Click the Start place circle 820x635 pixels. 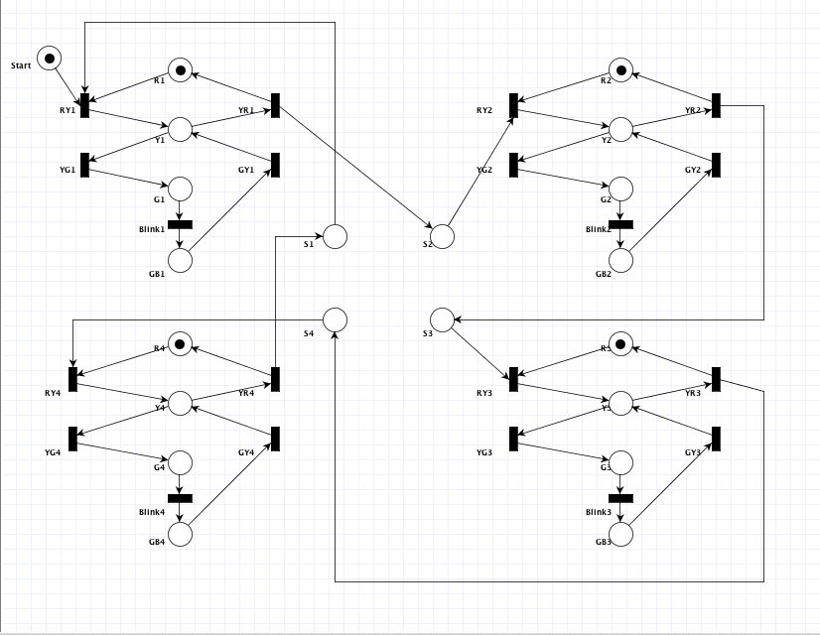point(49,57)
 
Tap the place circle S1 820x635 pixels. point(335,236)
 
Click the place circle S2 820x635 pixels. point(442,236)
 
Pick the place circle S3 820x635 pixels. point(442,319)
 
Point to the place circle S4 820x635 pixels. point(335,319)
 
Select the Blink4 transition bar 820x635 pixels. point(180,498)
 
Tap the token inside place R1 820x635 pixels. point(180,69)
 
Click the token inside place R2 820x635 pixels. point(620,69)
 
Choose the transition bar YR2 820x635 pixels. point(716,105)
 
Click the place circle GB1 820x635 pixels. point(180,260)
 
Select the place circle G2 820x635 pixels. point(620,189)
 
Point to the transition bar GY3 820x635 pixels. point(716,438)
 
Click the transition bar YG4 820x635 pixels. point(73,438)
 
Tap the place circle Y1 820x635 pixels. point(180,129)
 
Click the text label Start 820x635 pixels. point(22,66)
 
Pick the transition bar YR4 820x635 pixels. point(275,379)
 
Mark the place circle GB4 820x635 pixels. point(180,534)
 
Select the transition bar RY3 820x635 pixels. point(513,379)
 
